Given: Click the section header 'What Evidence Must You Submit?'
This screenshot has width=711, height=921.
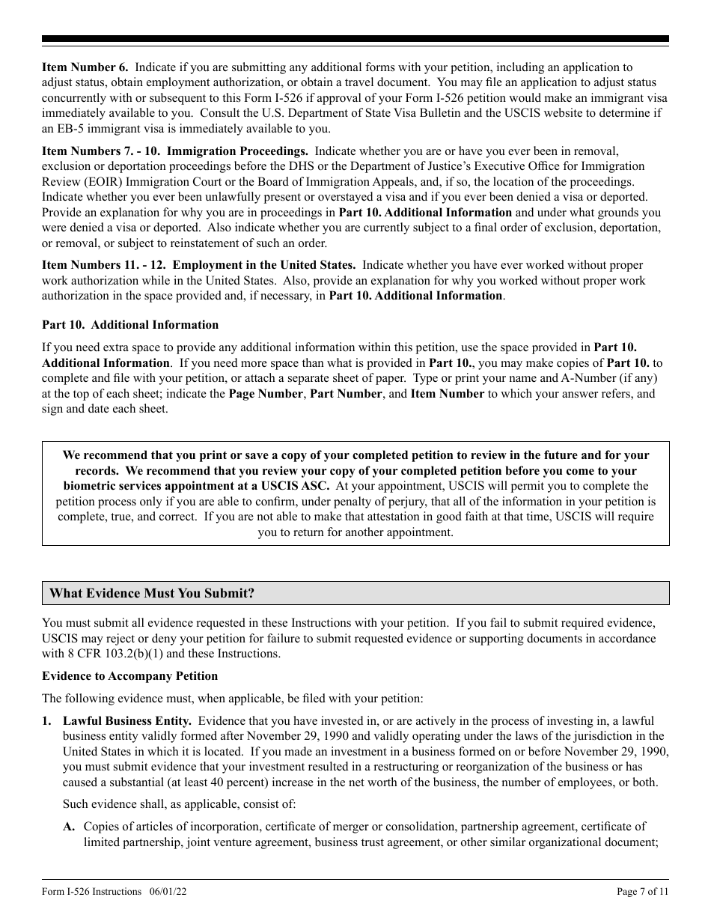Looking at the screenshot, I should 152,593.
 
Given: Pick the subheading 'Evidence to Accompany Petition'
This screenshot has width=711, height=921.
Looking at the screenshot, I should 130,676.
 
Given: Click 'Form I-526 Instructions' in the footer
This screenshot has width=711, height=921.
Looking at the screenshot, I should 91,891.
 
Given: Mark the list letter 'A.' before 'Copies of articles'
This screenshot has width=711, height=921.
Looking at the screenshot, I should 70,827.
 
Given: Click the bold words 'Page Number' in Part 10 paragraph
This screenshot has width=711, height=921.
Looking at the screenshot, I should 266,394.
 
